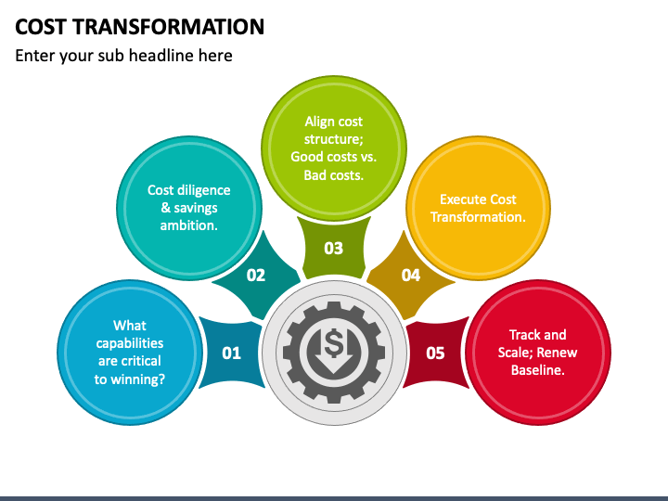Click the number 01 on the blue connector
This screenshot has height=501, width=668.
[231, 353]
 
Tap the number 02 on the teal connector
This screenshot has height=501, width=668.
[256, 275]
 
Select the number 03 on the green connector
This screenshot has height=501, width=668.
[333, 248]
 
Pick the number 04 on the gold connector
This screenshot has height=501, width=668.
[410, 275]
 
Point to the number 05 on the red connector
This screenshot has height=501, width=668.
[435, 353]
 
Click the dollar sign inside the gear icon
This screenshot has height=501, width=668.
[334, 345]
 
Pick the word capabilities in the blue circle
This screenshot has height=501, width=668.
[130, 343]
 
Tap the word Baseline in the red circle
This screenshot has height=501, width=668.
[538, 370]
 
